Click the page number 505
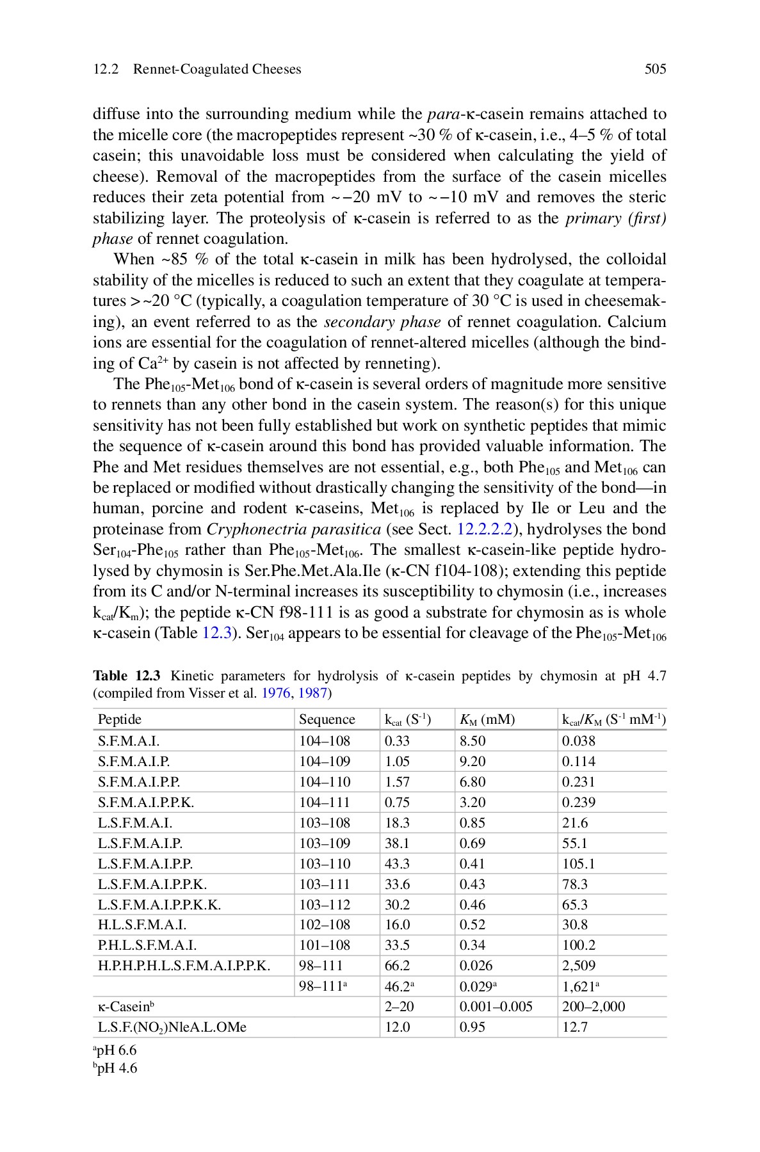655,69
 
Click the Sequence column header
327,720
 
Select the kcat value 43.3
397,864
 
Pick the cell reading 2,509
579,966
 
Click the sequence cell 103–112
325,905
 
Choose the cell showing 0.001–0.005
496,1007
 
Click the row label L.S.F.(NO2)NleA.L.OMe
172,1027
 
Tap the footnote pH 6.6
116,1050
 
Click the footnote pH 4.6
116,1068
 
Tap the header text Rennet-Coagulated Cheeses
216,69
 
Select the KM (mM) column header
487,720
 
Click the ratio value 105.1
579,864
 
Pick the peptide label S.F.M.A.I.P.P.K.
146,803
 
